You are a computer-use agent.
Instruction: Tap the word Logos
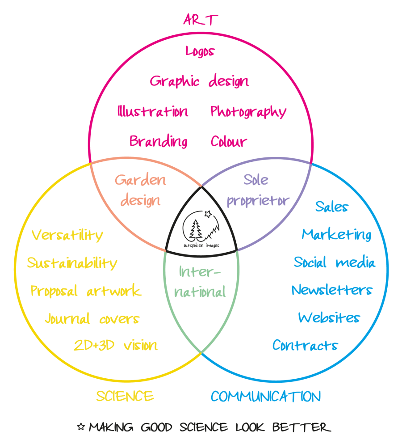(x=200, y=51)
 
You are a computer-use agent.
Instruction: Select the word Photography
(x=248, y=112)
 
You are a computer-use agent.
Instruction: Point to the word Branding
(x=158, y=141)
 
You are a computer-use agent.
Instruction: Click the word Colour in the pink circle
(x=229, y=141)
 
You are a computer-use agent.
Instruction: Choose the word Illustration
(x=153, y=111)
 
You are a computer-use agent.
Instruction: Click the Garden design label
(x=140, y=190)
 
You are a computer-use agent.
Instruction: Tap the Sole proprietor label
(x=258, y=190)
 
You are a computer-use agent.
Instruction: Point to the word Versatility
(x=67, y=235)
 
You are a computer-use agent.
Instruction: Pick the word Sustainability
(x=72, y=263)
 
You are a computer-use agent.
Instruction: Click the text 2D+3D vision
(x=116, y=345)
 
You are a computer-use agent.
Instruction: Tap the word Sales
(x=331, y=206)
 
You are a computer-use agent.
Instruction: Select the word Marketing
(x=336, y=234)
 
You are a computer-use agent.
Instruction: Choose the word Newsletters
(x=332, y=290)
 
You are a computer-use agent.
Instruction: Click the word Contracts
(x=305, y=345)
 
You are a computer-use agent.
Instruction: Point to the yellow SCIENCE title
(x=125, y=396)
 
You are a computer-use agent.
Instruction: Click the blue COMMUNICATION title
(x=265, y=396)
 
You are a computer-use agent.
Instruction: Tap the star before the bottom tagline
(x=81, y=427)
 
